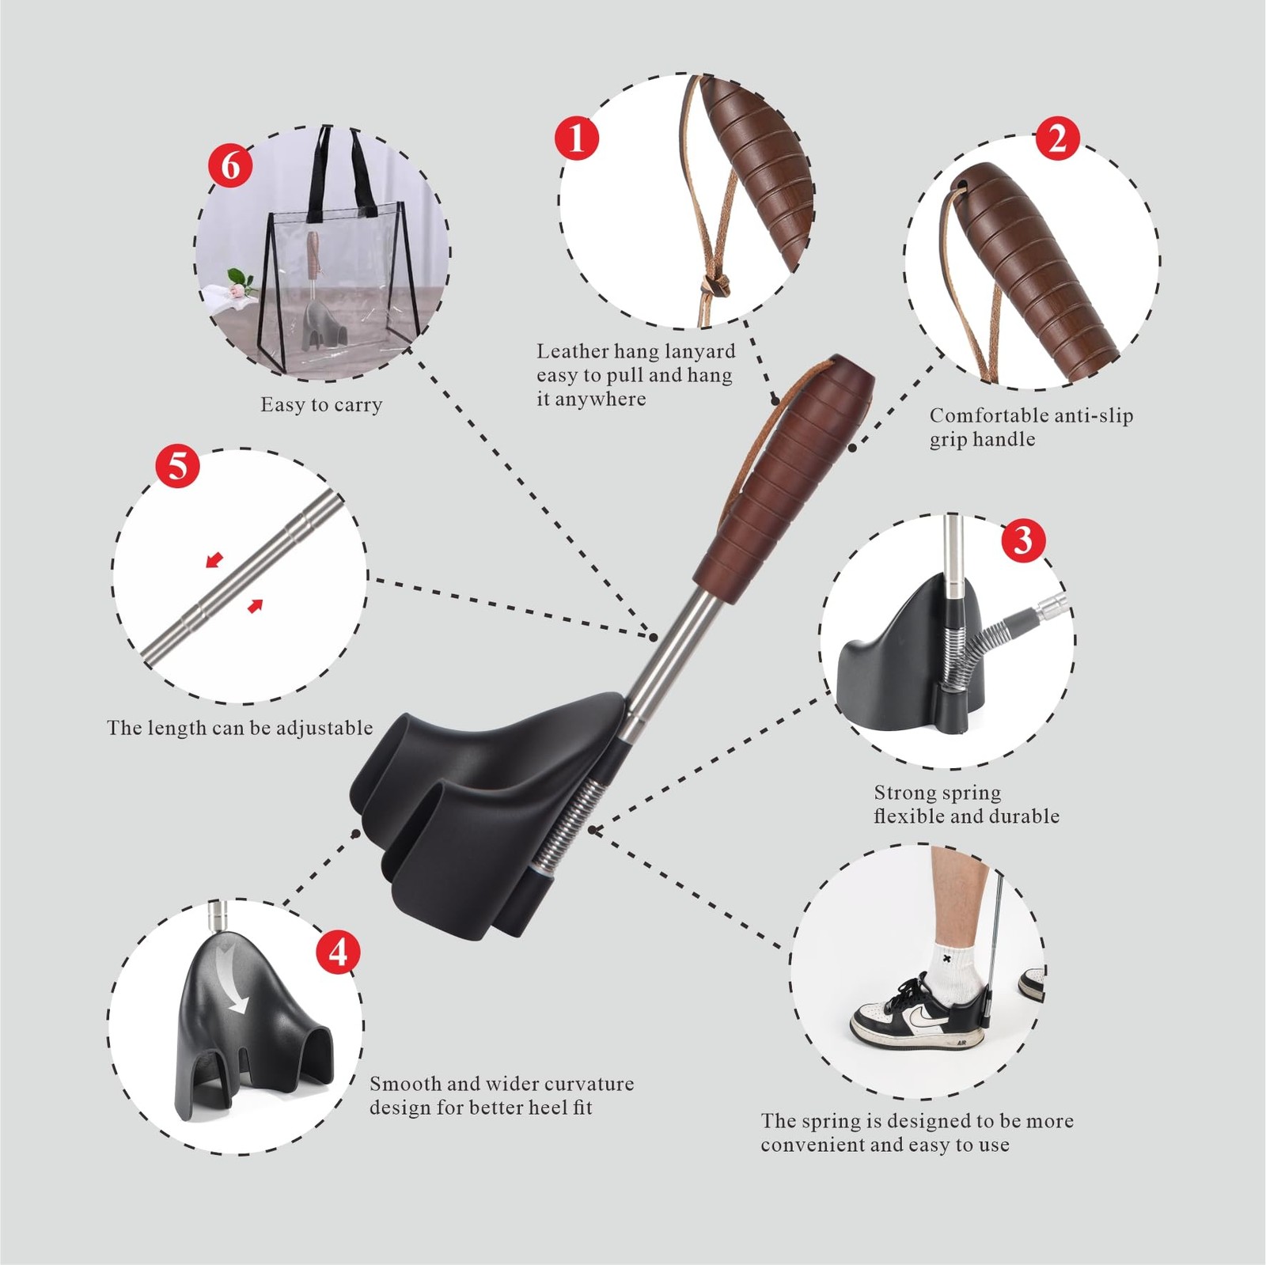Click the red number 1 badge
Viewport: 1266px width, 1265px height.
pyautogui.click(x=576, y=138)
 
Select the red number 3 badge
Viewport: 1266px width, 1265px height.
pyautogui.click(x=1023, y=540)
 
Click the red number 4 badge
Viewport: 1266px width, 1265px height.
pyautogui.click(x=338, y=951)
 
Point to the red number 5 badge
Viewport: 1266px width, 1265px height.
pyautogui.click(x=177, y=465)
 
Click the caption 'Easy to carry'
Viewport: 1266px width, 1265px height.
pyautogui.click(x=321, y=405)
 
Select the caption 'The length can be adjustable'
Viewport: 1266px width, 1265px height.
pyautogui.click(x=240, y=728)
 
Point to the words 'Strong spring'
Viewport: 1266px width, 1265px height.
pyautogui.click(x=937, y=793)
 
